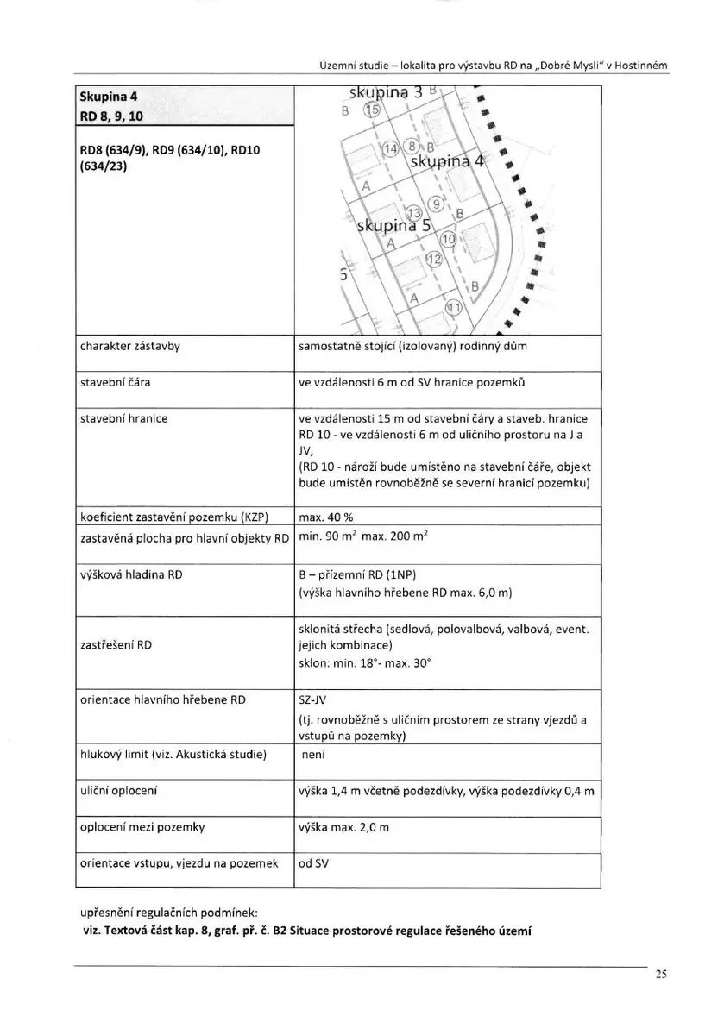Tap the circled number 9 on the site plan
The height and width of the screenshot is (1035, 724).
(x=437, y=204)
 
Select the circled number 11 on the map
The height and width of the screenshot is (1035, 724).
(x=452, y=308)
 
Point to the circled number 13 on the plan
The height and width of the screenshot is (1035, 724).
(x=413, y=213)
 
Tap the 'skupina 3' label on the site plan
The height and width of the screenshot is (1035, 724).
(x=385, y=92)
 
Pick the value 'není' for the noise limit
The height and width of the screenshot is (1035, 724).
(x=312, y=754)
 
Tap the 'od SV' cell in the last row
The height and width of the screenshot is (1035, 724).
(x=313, y=862)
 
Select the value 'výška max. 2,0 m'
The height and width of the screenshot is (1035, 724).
(x=343, y=827)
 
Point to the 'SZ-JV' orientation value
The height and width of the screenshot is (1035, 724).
(x=313, y=699)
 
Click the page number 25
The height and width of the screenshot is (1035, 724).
(x=660, y=975)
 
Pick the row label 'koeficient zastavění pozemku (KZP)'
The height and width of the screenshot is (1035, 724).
(x=174, y=518)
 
